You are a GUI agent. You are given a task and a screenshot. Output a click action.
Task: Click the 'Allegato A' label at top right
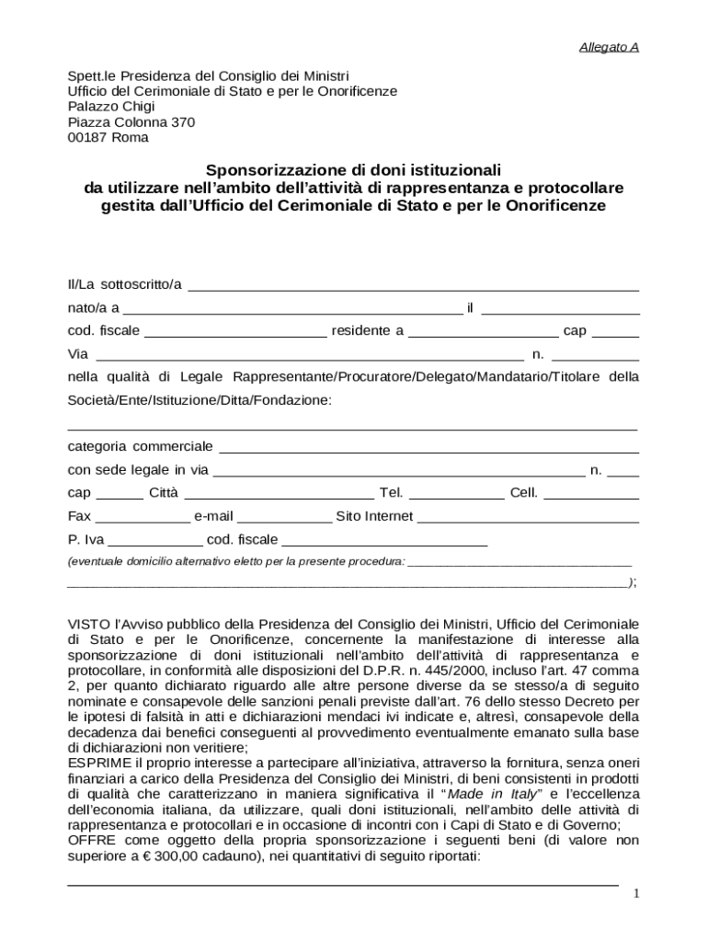(x=609, y=47)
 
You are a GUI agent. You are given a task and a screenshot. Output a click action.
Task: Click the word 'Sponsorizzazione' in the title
(x=266, y=170)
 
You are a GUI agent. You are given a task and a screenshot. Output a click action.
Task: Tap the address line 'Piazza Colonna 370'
(x=131, y=122)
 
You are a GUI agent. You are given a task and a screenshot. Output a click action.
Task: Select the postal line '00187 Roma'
(x=108, y=138)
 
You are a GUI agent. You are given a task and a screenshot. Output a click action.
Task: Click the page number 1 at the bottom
(x=635, y=895)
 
